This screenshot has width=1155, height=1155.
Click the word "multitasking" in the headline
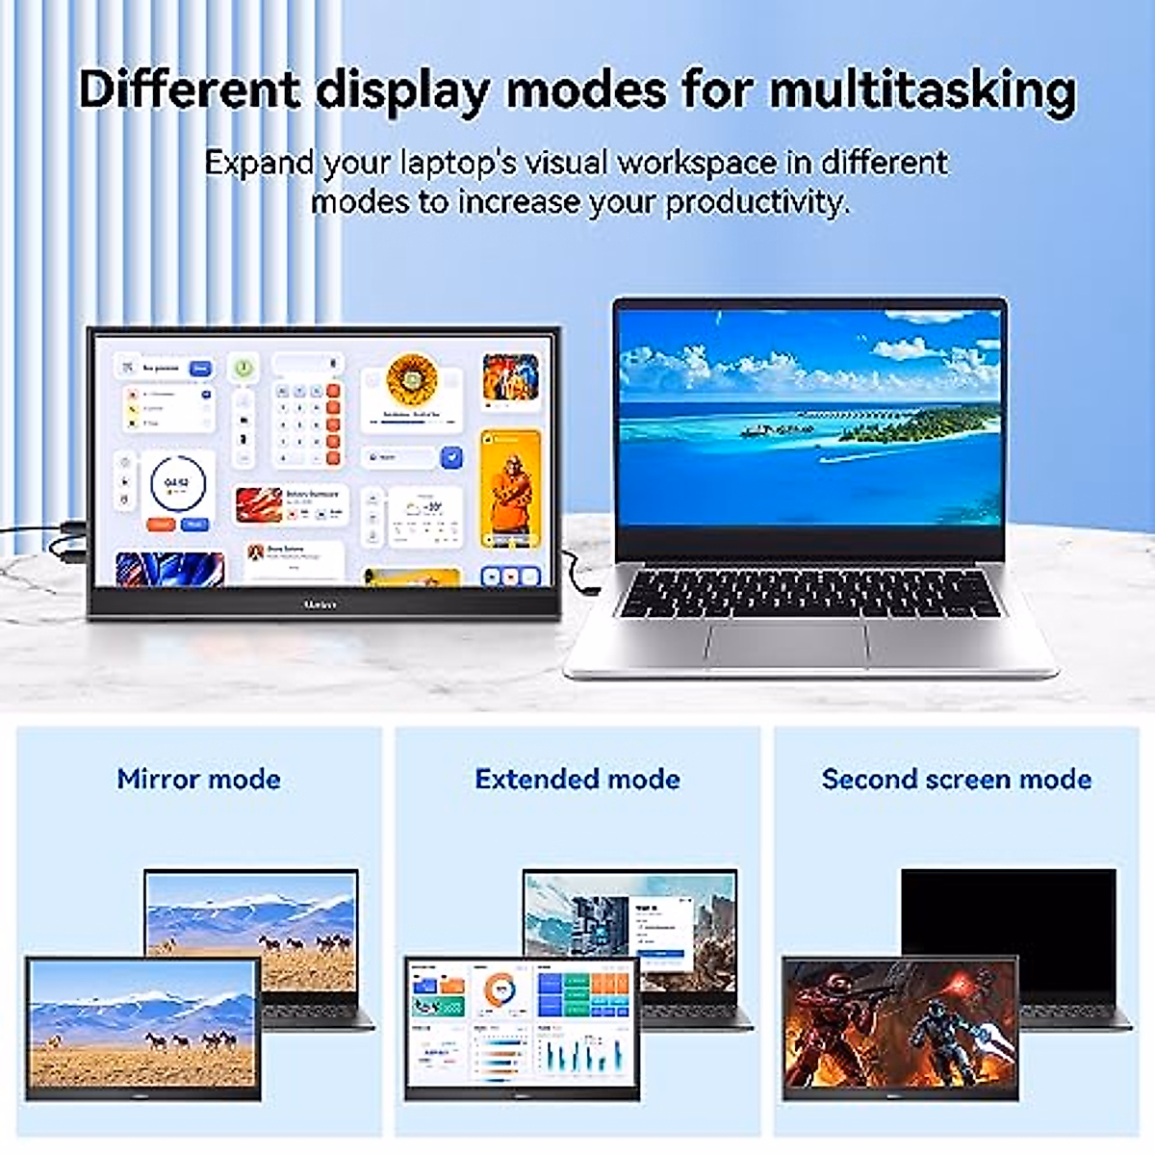[922, 90]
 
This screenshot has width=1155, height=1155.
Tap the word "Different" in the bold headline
[189, 90]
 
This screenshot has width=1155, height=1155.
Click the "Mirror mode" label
[198, 779]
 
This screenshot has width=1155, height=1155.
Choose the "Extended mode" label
[577, 779]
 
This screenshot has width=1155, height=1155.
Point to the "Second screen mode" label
[956, 779]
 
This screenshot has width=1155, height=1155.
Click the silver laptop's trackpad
[786, 643]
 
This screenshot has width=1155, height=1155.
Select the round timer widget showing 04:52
[177, 484]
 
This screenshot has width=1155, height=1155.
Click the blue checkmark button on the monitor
[450, 457]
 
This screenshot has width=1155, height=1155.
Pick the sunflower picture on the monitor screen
[412, 380]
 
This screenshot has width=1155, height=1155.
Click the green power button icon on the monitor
[244, 368]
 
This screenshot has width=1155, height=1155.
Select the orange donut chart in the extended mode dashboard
[499, 990]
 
